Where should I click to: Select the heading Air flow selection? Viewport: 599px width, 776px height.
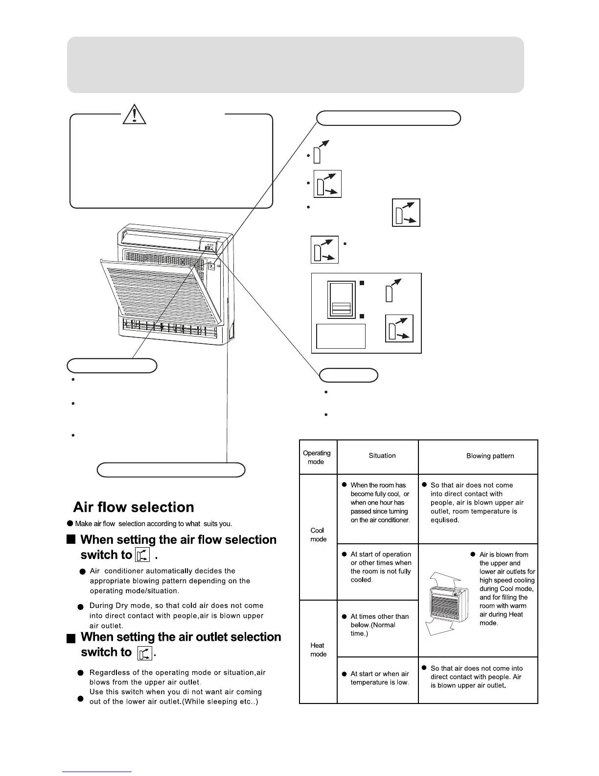pyautogui.click(x=134, y=507)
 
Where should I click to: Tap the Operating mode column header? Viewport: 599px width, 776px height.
pyautogui.click(x=317, y=457)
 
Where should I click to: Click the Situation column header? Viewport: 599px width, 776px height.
pyautogui.click(x=382, y=456)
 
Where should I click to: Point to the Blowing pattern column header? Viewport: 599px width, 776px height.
pyautogui.click(x=490, y=456)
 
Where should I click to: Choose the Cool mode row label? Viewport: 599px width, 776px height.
pyautogui.click(x=318, y=534)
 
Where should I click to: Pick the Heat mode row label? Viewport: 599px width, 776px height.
pyautogui.click(x=318, y=650)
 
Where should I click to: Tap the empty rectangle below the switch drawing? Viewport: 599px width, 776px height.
pyautogui.click(x=341, y=336)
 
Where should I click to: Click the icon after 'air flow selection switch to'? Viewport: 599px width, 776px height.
pyautogui.click(x=142, y=555)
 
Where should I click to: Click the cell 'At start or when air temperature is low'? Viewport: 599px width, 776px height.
pyautogui.click(x=379, y=678)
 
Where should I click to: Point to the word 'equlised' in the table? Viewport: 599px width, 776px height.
pyautogui.click(x=444, y=520)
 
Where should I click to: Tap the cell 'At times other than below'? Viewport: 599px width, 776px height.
pyautogui.click(x=379, y=625)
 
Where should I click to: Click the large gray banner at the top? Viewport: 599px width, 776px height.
pyautogui.click(x=295, y=65)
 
